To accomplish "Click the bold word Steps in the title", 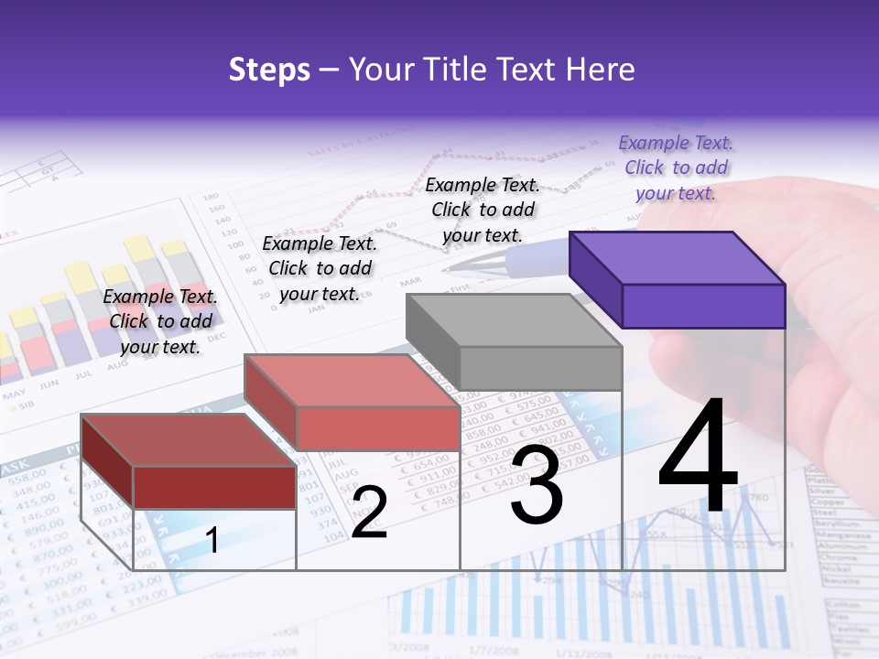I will pos(269,70).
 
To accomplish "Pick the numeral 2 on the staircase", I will pos(369,513).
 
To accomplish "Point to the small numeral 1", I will pos(212,540).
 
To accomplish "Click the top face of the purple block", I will pos(676,258).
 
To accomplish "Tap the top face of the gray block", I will pos(512,321).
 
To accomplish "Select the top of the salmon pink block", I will pos(350,381).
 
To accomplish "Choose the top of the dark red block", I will pos(188,440).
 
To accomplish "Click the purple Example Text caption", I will pos(676,167).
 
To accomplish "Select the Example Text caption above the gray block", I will pos(483,210).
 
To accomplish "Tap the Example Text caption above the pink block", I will pos(320,268).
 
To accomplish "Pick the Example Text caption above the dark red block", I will pos(160,321).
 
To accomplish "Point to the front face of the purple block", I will pos(703,306).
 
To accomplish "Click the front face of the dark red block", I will pos(214,487).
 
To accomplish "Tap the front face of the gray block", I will pos(540,368).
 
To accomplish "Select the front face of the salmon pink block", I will pos(377,428).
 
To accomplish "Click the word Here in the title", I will pos(601,70).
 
